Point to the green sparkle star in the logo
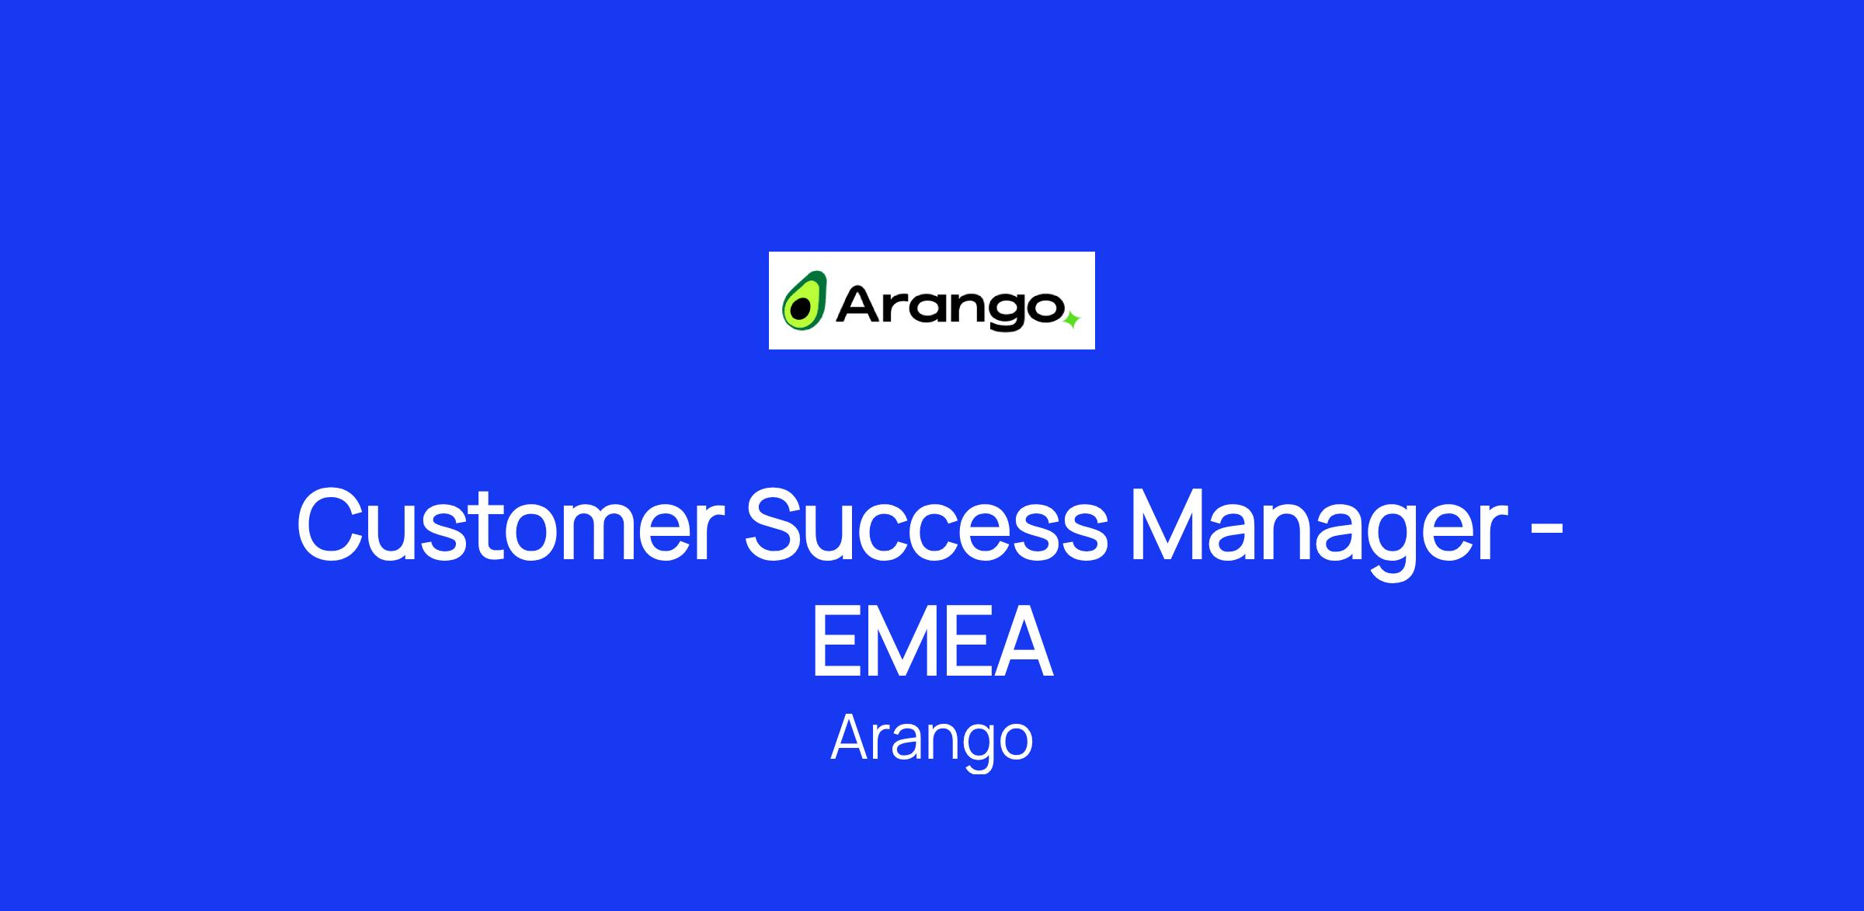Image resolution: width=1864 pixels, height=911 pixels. (1071, 319)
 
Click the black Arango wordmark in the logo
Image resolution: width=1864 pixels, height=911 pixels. (949, 308)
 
